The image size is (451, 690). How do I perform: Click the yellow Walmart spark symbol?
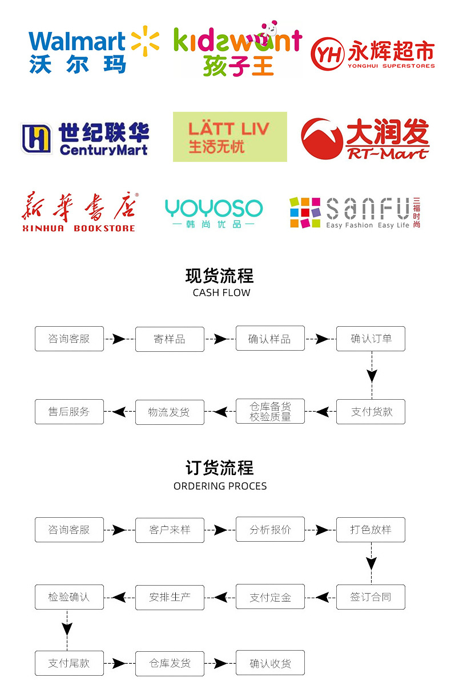pos(144,41)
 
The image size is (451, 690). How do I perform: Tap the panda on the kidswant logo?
pos(270,29)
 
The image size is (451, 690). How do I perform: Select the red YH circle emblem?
pos(327,54)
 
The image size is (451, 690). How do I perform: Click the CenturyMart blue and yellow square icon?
pos(36,138)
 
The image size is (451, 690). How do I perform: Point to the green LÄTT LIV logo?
pos(230,137)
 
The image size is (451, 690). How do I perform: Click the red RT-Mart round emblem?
pos(322,139)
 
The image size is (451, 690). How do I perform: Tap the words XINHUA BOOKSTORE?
pos(79,228)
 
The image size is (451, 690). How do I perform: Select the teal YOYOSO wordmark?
pos(214,208)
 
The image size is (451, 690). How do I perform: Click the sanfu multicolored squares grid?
pos(305,213)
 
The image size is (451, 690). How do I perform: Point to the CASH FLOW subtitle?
pos(222,293)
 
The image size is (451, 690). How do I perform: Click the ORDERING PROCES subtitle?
pos(220,486)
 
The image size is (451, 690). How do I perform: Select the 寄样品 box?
pos(170,339)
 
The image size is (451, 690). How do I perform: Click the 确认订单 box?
pos(371,339)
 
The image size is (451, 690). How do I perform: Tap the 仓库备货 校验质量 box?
pos(270,411)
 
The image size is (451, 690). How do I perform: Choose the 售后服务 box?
pos(69,412)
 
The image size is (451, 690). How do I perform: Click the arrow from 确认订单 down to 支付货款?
pos(372,375)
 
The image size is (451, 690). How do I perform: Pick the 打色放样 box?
pos(371,530)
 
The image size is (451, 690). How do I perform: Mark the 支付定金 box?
pos(270,596)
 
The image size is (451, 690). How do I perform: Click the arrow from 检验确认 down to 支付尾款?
pos(67,630)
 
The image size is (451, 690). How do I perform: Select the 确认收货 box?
pos(270,663)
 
